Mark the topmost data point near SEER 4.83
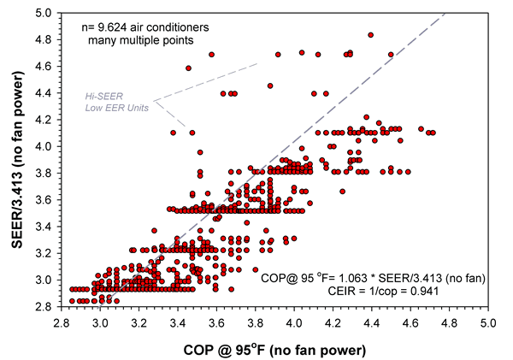coord(370,35)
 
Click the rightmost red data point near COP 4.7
coord(433,133)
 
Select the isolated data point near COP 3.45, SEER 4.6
coord(188,68)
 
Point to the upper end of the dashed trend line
coord(446,11)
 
